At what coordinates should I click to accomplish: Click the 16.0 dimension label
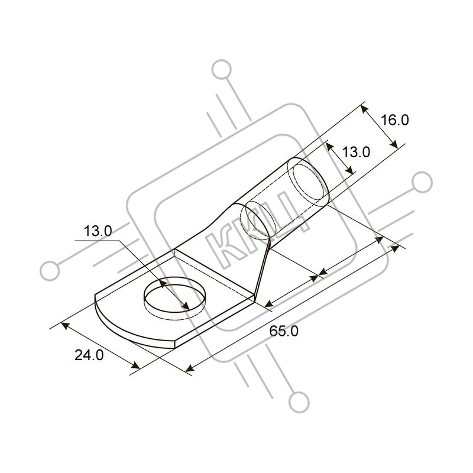(x=395, y=120)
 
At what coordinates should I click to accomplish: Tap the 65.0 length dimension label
(x=284, y=331)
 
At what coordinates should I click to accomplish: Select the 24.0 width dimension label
(x=89, y=355)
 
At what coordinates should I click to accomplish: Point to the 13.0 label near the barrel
(x=356, y=152)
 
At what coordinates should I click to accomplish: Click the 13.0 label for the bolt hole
(x=98, y=231)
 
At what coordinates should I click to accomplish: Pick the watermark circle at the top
(x=222, y=70)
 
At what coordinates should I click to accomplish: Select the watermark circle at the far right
(x=422, y=182)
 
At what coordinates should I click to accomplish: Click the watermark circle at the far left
(x=50, y=271)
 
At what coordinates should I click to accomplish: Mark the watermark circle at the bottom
(x=299, y=402)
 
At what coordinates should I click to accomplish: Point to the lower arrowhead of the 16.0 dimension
(x=394, y=144)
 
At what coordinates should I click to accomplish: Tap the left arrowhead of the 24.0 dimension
(x=65, y=326)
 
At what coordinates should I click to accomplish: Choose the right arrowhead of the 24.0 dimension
(x=135, y=366)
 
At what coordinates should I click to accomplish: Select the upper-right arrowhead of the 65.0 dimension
(x=395, y=249)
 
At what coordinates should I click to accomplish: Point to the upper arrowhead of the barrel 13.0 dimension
(x=331, y=148)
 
